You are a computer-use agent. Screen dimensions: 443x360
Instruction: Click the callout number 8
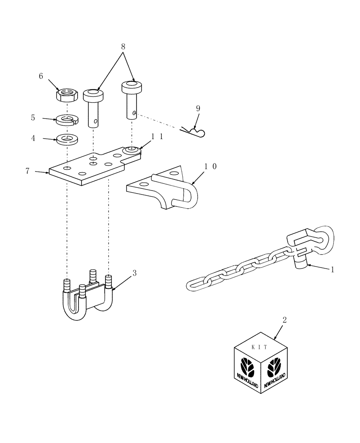pos(123,46)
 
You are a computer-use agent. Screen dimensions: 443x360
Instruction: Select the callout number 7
pos(28,170)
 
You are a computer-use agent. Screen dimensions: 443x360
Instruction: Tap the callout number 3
pos(135,273)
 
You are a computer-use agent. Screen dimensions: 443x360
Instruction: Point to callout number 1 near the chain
pos(333,269)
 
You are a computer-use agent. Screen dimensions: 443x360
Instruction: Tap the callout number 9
pos(198,108)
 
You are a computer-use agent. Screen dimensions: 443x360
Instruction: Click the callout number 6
pos(41,76)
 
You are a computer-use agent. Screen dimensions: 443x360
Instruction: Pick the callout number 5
pos(33,118)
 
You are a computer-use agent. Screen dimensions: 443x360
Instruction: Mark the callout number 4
pos(33,138)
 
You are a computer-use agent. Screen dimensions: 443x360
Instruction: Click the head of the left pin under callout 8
pos(94,94)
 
